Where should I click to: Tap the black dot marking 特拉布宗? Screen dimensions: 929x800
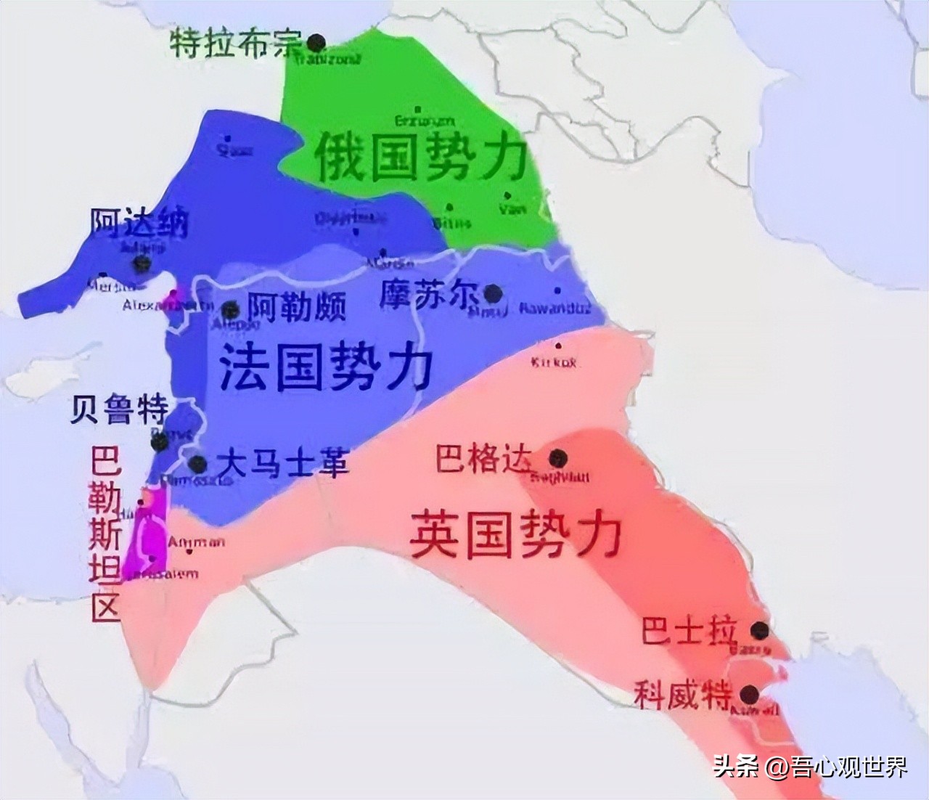click(x=316, y=42)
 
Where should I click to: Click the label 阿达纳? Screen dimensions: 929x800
click(x=139, y=223)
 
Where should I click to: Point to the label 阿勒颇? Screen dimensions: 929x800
click(x=297, y=307)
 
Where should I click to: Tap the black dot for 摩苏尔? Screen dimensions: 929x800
click(x=493, y=293)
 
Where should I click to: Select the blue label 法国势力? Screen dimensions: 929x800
click(x=325, y=367)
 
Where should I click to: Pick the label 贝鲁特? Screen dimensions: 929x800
click(x=119, y=410)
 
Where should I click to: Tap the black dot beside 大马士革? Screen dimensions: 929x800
click(x=197, y=463)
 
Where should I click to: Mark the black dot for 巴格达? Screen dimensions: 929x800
click(x=557, y=458)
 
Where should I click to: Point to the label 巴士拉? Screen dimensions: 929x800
click(x=689, y=630)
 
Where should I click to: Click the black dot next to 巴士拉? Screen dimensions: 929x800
click(x=759, y=629)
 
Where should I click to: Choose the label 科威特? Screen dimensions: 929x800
click(x=683, y=694)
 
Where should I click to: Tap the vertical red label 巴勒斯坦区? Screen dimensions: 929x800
click(x=105, y=534)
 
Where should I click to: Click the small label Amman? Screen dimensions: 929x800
click(x=196, y=542)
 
